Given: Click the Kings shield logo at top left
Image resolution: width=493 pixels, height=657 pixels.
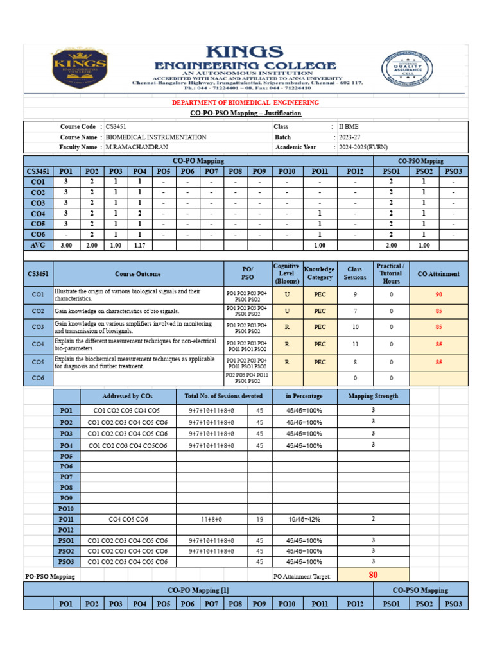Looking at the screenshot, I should click(x=79, y=69).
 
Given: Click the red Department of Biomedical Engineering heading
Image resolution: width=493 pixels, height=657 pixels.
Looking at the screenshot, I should click(x=246, y=103).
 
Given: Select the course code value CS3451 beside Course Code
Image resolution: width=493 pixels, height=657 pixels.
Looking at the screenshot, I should click(x=116, y=127).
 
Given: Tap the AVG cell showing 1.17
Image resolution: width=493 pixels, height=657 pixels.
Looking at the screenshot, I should click(x=139, y=245).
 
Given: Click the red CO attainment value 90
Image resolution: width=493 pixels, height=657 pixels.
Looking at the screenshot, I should click(x=439, y=294).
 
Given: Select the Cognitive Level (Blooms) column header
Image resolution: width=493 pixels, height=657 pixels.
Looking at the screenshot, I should click(x=287, y=273).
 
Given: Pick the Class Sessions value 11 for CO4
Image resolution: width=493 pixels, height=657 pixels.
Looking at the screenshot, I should click(x=355, y=344).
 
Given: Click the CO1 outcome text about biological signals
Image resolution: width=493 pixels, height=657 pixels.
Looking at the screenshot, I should click(x=127, y=294).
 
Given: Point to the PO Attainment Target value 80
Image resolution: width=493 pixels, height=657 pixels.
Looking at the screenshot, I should click(x=373, y=575).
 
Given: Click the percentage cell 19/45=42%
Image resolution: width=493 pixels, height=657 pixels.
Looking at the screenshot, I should click(x=304, y=519).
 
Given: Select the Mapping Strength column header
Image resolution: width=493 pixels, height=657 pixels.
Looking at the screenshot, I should click(x=373, y=396).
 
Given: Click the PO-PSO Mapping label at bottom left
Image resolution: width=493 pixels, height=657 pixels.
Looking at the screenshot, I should click(x=50, y=576).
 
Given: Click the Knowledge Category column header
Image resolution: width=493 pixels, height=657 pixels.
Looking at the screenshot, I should click(x=320, y=273).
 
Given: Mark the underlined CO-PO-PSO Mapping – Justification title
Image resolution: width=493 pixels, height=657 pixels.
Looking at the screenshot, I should click(x=246, y=114).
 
